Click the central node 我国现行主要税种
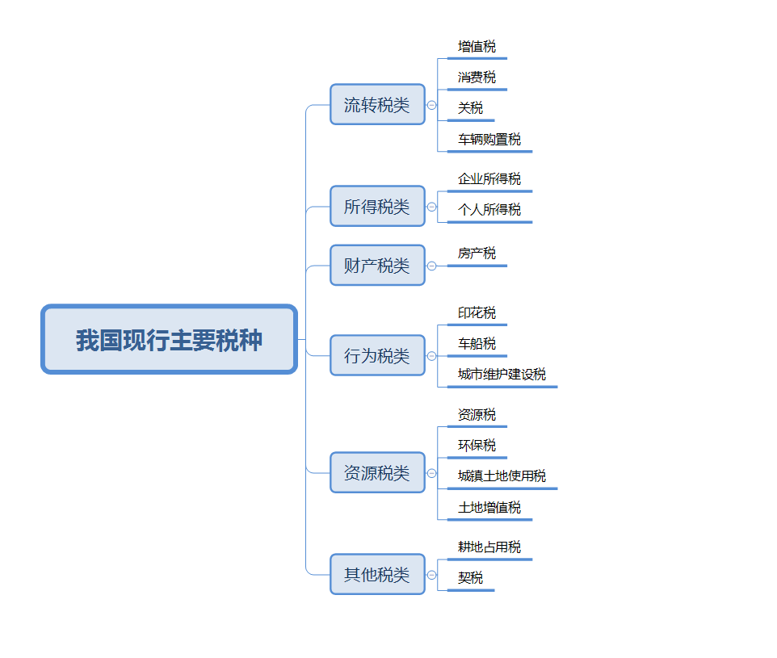coord(170,340)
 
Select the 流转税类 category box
coord(377,105)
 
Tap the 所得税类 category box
coord(377,207)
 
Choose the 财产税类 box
coord(377,266)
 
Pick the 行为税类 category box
coord(377,356)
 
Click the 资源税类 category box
coord(377,473)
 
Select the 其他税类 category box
coord(377,575)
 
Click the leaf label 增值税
coord(477,47)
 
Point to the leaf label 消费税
coord(477,78)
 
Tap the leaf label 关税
coord(470,108)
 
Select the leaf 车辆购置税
coord(489,139)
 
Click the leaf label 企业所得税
coord(489,179)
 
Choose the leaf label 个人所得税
coord(489,210)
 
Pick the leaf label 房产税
coord(477,254)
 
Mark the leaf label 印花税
coord(477,313)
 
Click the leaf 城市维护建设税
coord(502,375)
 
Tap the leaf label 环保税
coord(477,446)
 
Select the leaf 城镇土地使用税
coord(502,476)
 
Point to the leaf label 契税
coord(470,578)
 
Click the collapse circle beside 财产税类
coord(432,266)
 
